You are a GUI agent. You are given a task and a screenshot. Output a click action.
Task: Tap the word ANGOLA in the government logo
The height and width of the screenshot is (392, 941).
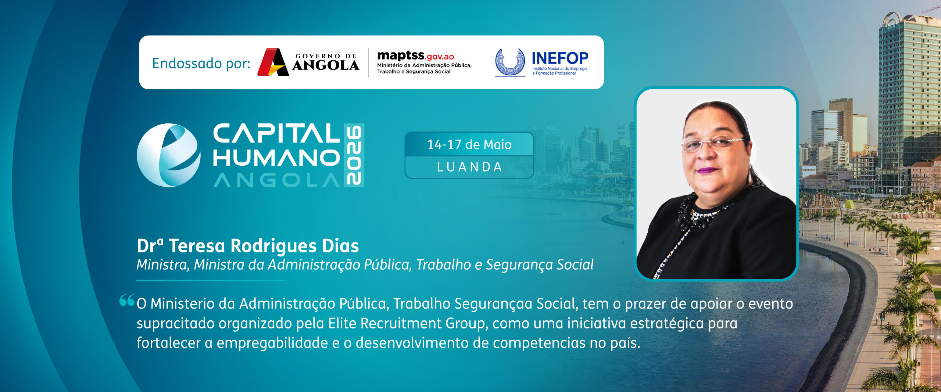[326, 65]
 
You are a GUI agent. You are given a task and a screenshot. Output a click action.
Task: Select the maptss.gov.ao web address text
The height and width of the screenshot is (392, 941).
[415, 56]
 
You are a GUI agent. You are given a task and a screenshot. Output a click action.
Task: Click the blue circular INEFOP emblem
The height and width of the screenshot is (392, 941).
[510, 62]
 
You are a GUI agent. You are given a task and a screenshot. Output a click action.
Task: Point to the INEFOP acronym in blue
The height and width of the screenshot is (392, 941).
[560, 58]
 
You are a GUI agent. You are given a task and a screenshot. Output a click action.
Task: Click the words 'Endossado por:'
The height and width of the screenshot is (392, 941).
[201, 63]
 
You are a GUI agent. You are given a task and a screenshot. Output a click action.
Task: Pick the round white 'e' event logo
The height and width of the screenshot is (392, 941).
[169, 155]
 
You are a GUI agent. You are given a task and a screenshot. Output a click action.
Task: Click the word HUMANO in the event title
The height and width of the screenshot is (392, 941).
[276, 158]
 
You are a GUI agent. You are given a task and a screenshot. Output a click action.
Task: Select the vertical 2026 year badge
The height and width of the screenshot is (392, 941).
[354, 155]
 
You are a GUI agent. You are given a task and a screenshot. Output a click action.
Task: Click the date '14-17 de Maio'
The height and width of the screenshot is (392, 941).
[469, 144]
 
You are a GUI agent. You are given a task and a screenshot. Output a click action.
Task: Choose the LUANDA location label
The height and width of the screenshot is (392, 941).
[469, 167]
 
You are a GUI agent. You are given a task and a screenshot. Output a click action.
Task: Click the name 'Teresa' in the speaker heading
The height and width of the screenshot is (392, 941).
[197, 246]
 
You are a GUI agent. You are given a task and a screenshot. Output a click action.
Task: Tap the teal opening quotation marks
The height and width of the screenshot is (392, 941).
[127, 300]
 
